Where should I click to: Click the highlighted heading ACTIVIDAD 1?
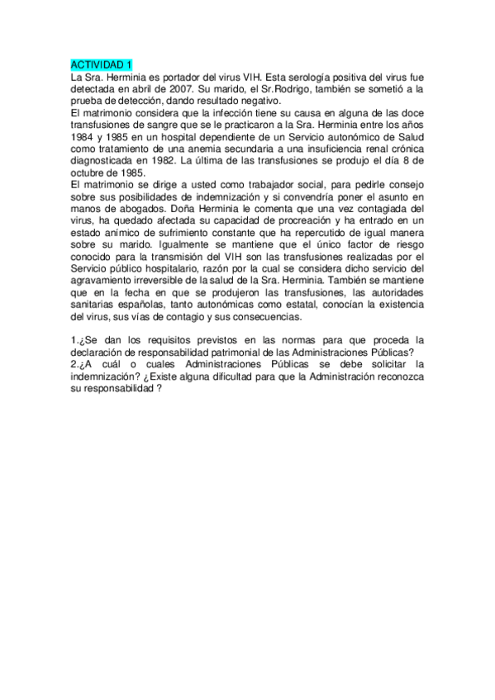pos(101,65)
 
